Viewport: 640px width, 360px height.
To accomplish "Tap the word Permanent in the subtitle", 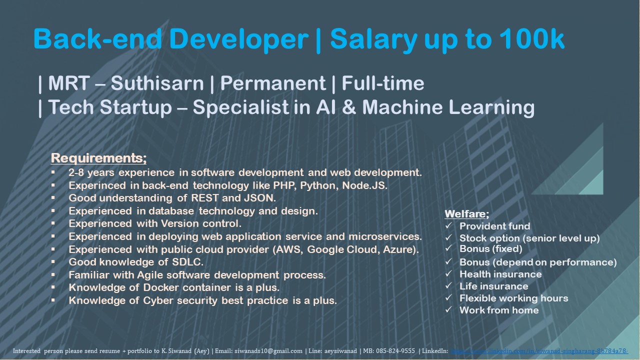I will (272, 83).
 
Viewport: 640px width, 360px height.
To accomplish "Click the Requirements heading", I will (98, 158).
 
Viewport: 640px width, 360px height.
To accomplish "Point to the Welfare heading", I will (466, 214).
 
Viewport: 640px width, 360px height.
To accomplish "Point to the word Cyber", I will (161, 301).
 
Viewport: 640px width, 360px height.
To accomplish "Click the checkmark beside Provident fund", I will (448, 226).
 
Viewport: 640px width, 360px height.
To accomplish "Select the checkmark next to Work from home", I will (448, 310).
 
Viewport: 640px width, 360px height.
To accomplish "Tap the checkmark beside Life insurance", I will (448, 286).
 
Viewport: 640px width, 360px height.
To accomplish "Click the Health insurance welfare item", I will (500, 274).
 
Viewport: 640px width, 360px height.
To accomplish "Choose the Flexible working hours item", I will (513, 298).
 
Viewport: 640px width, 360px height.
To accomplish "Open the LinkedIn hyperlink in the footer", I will (539, 351).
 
